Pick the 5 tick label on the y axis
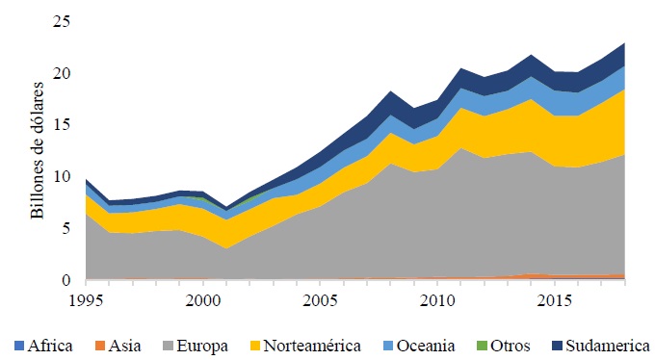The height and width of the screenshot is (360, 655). [66, 229]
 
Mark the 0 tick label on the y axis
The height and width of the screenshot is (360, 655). [66, 280]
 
